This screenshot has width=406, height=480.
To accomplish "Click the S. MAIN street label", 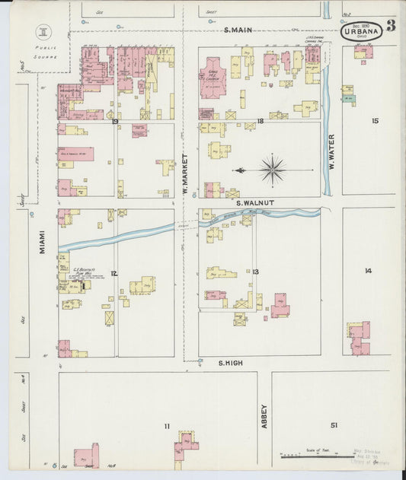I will (238, 30).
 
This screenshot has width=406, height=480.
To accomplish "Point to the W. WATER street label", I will (331, 151).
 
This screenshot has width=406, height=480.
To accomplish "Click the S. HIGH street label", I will (229, 364).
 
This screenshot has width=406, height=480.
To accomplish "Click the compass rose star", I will (272, 169).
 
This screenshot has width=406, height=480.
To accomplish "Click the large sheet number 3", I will (390, 27).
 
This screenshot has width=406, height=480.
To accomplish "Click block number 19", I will (114, 122).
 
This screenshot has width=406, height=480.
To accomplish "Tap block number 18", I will (260, 121).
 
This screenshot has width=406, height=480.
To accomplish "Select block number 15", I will (374, 121).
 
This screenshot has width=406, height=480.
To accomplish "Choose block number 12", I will (113, 273).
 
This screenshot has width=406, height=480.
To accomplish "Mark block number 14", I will (367, 270).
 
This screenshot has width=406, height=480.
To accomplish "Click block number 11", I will (166, 426).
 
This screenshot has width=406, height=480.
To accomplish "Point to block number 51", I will (334, 424).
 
